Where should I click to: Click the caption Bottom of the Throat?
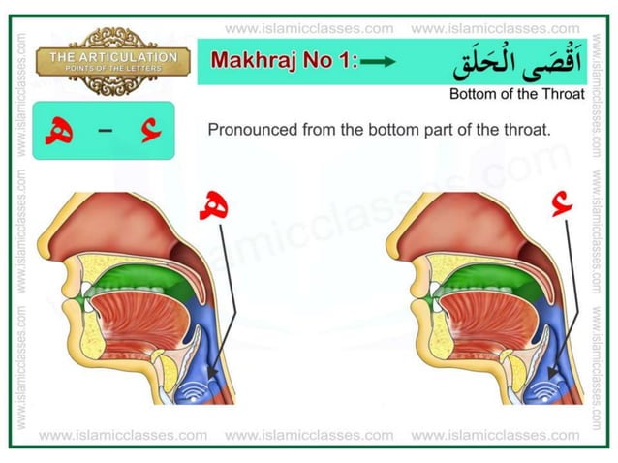(516, 95)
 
